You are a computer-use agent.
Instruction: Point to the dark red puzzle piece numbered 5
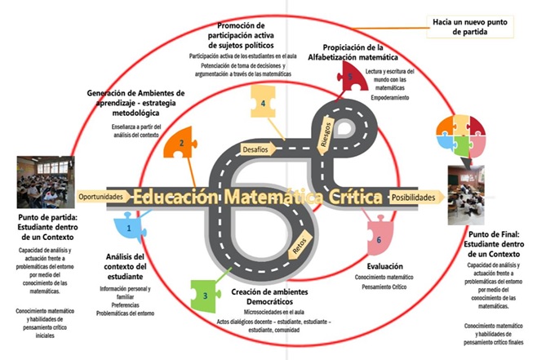[x=348, y=77]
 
